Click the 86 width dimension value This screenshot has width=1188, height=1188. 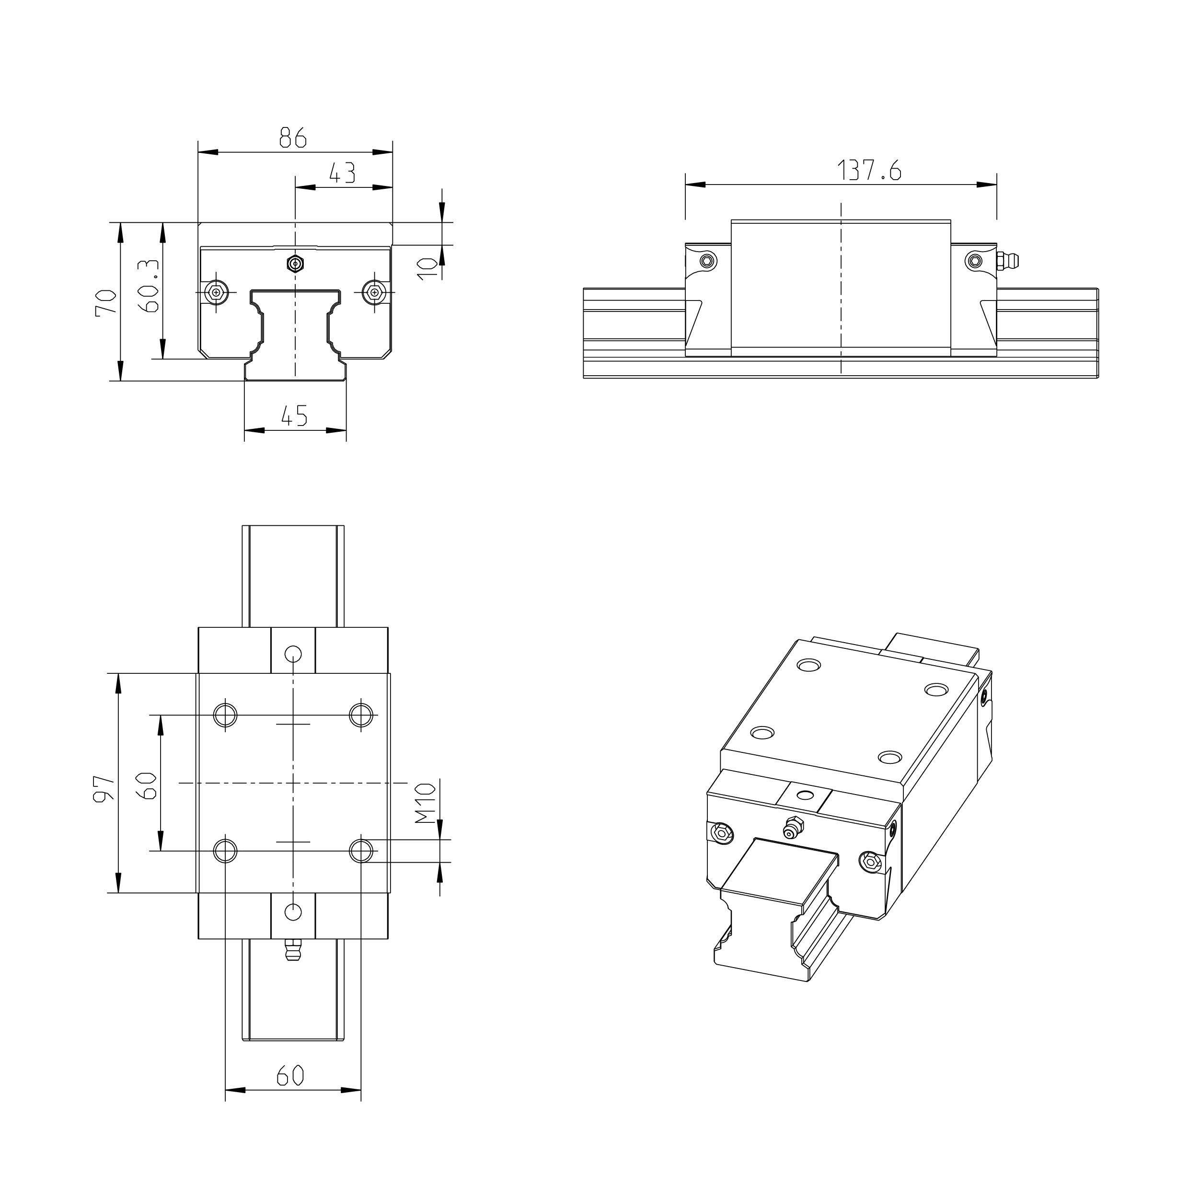(293, 137)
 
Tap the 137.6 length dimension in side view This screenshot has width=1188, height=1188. (869, 170)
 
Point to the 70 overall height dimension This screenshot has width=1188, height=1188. (106, 302)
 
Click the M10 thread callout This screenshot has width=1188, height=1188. (426, 803)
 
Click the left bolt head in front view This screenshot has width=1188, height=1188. (215, 292)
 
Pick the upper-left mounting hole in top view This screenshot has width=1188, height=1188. (225, 715)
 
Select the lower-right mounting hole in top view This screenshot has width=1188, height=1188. (361, 851)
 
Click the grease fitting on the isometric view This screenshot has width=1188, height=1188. (791, 827)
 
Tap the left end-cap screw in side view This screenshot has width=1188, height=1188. (708, 261)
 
